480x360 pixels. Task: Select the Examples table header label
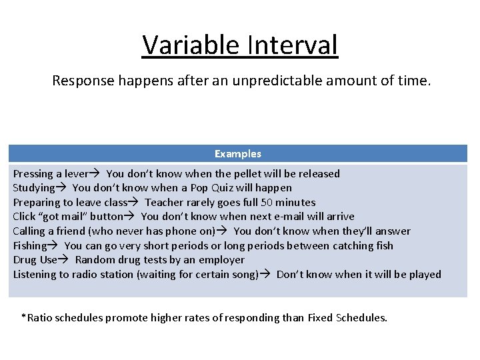coord(238,154)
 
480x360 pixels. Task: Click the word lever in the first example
coord(75,174)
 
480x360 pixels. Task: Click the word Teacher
coord(165,203)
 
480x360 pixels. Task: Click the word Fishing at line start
coord(30,246)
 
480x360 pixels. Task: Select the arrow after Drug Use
coord(66,260)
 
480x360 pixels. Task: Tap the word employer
coord(222,260)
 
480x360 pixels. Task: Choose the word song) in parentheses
coord(243,275)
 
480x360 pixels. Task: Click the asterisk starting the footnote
coord(23,317)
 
